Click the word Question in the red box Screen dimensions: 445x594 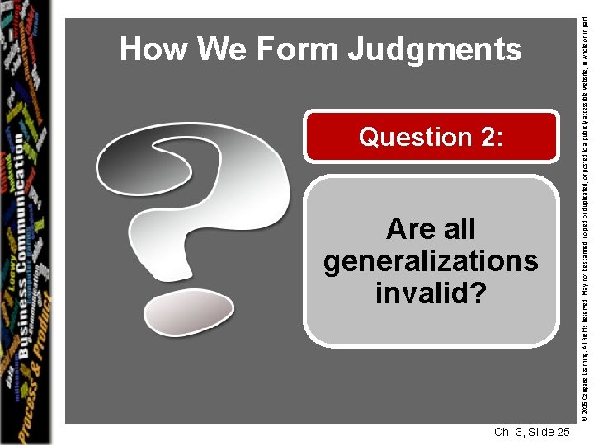click(413, 138)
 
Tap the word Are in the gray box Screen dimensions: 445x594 click(408, 228)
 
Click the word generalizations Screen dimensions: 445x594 click(431, 261)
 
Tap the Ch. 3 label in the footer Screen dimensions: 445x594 click(508, 432)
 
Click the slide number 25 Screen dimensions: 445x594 click(562, 432)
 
